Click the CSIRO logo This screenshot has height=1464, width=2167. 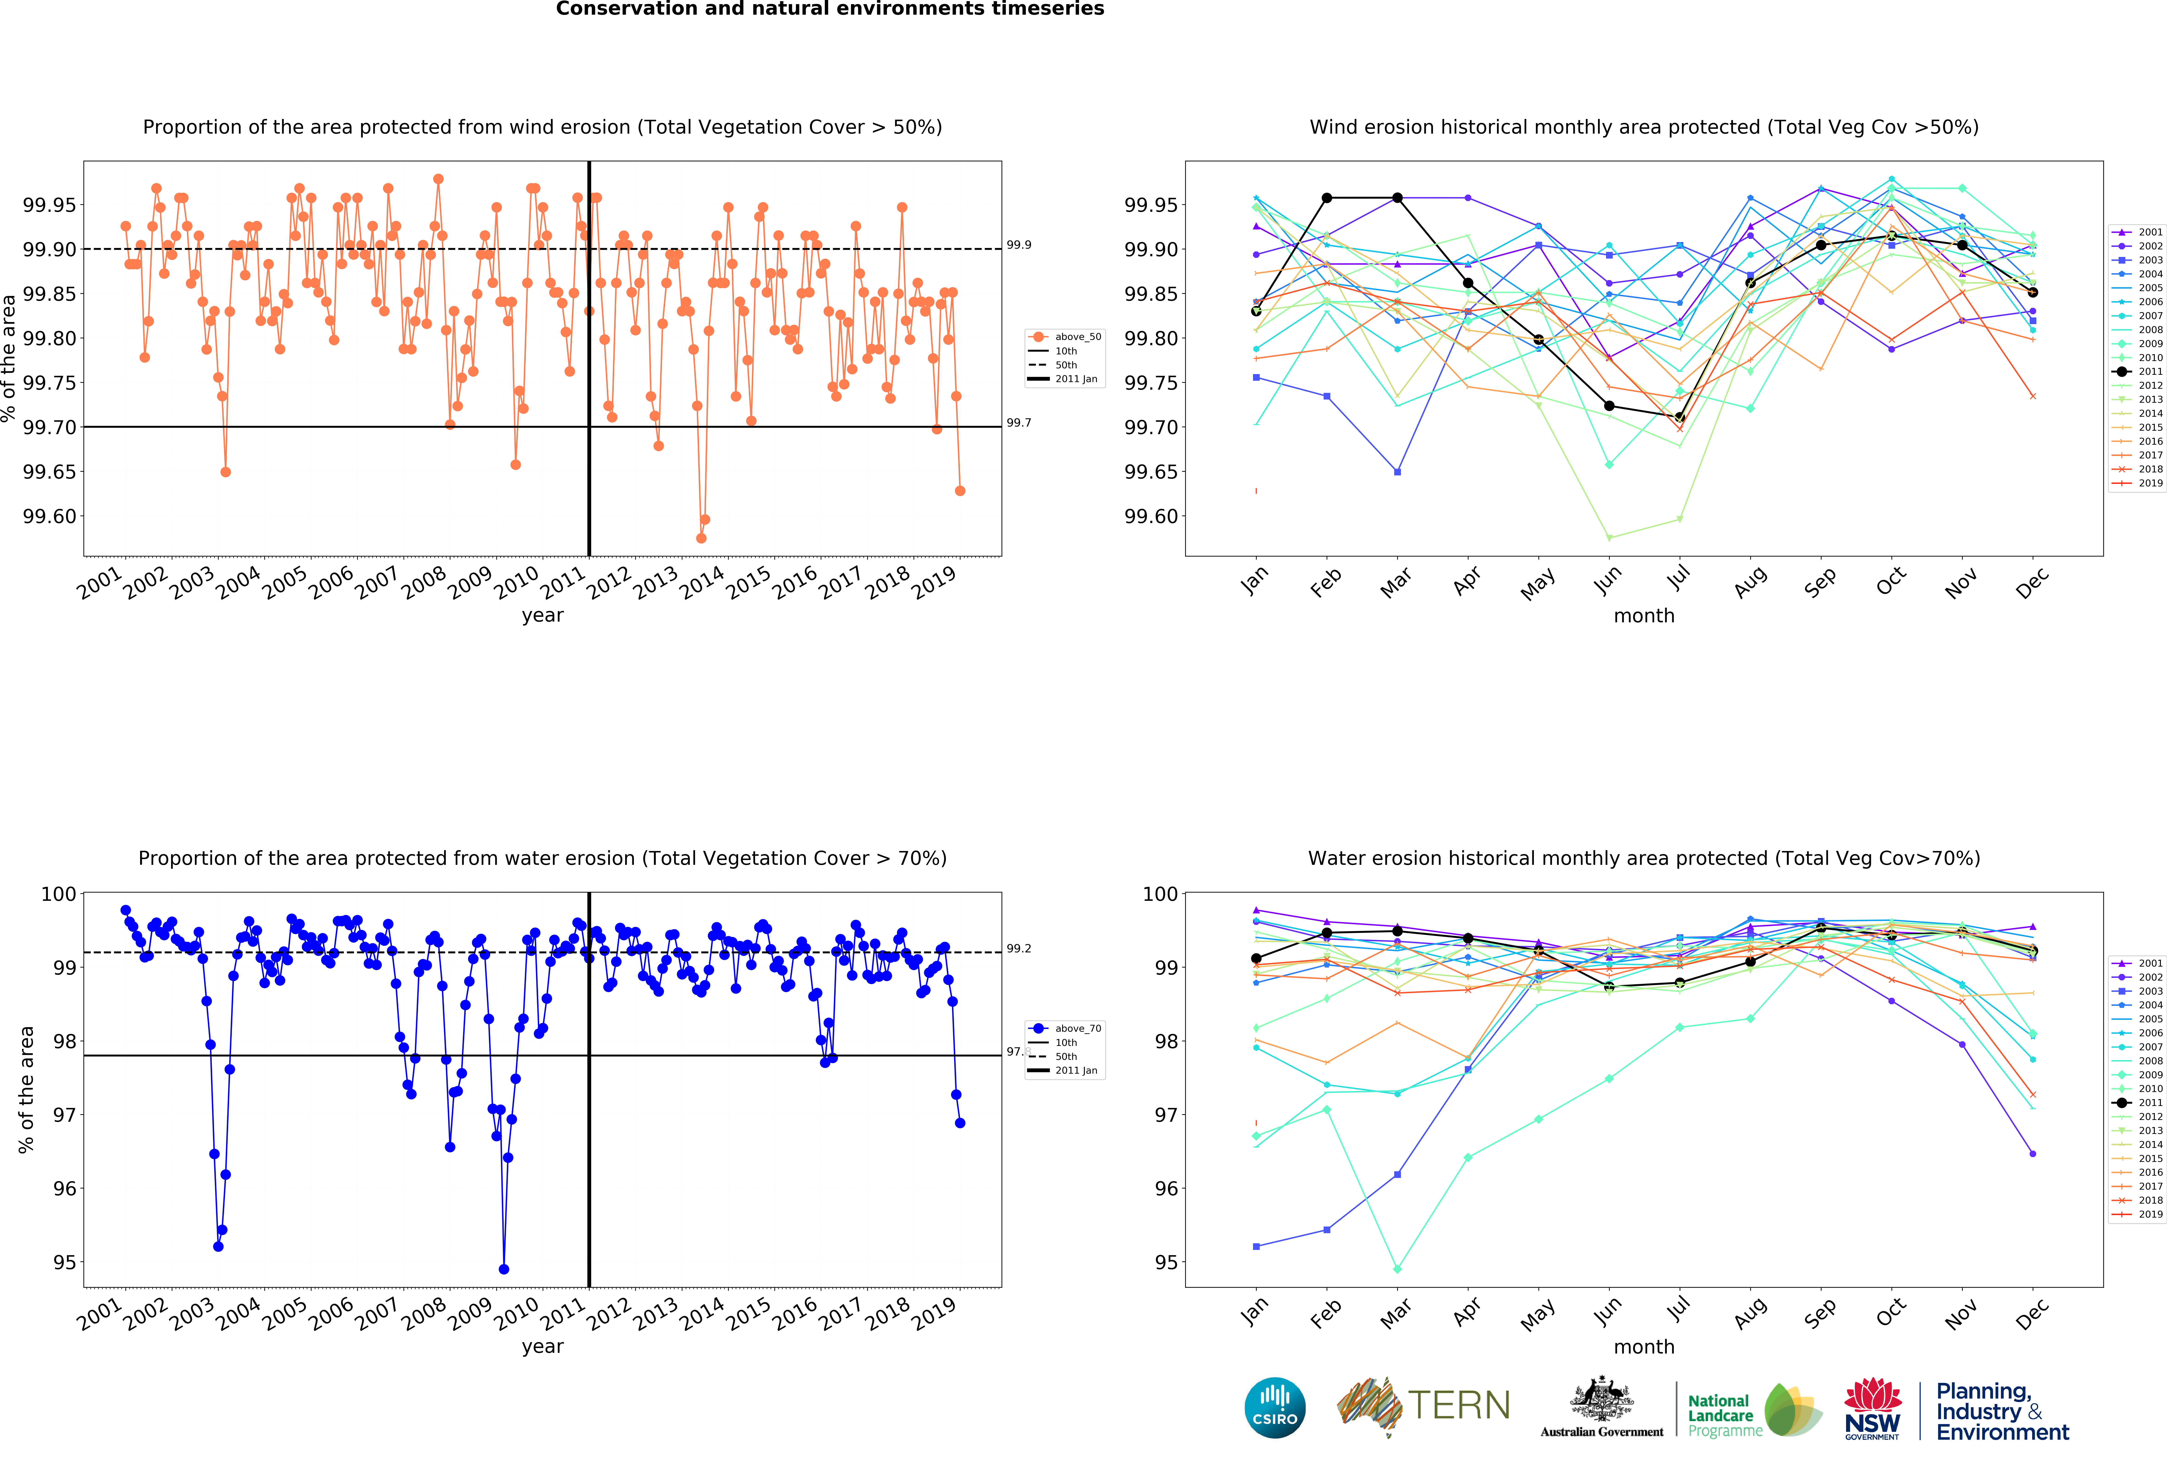[1275, 1407]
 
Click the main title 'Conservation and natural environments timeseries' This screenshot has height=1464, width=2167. [830, 9]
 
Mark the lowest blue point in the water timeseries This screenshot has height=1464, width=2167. [505, 1269]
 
